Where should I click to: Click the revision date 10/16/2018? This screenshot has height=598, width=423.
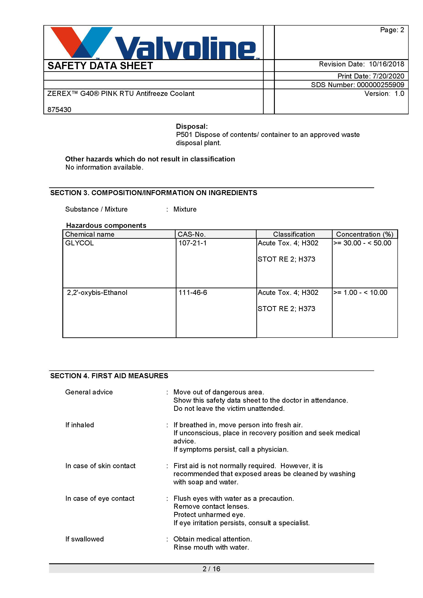386,64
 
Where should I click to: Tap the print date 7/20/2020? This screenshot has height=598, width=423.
388,76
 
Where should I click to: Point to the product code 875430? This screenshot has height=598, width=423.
59,110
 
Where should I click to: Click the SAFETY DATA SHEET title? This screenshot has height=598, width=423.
100,66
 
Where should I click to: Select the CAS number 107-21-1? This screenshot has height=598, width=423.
192,243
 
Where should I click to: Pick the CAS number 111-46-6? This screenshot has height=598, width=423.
193,292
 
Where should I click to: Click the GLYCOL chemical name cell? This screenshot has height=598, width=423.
79,243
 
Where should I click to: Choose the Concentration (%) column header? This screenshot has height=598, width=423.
365,234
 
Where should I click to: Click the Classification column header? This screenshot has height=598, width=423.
294,234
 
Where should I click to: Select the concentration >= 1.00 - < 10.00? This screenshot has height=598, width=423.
360,292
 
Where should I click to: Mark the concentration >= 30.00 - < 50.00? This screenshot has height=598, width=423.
362,243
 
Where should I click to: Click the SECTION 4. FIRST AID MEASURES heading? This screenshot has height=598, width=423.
109,376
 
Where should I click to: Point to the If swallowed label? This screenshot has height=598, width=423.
84,539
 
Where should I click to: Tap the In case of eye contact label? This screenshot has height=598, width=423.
100,498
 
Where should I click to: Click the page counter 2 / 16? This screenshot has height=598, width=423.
211,569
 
